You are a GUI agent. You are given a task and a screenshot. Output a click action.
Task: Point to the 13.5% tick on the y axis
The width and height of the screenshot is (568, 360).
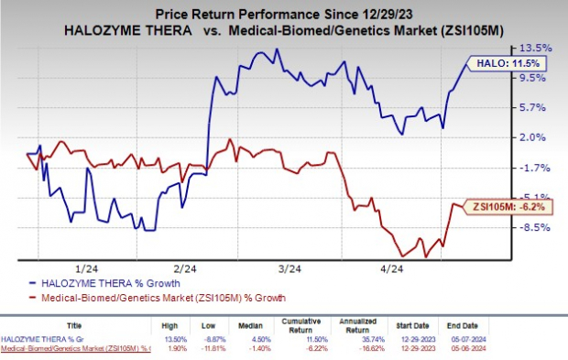(x=536, y=49)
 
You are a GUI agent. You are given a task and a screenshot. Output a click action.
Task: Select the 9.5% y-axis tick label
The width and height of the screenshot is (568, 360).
(x=535, y=78)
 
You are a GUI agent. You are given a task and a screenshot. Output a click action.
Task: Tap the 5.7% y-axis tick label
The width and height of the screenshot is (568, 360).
(x=535, y=108)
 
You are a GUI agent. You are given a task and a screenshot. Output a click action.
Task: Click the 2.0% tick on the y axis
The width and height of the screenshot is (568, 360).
(x=535, y=137)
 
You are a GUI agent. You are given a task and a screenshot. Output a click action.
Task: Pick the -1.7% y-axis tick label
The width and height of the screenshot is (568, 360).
(x=535, y=168)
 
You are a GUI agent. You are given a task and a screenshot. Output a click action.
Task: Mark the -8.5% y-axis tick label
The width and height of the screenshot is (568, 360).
(x=535, y=227)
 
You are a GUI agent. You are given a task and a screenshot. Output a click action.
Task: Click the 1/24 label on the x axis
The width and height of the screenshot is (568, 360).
(x=87, y=269)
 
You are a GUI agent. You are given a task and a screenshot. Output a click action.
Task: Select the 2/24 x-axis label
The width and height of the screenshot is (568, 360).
(x=186, y=269)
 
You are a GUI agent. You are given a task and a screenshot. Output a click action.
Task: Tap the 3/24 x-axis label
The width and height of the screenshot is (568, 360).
(x=290, y=269)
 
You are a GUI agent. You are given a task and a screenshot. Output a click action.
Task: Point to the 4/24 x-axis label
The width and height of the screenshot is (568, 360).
(x=392, y=269)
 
